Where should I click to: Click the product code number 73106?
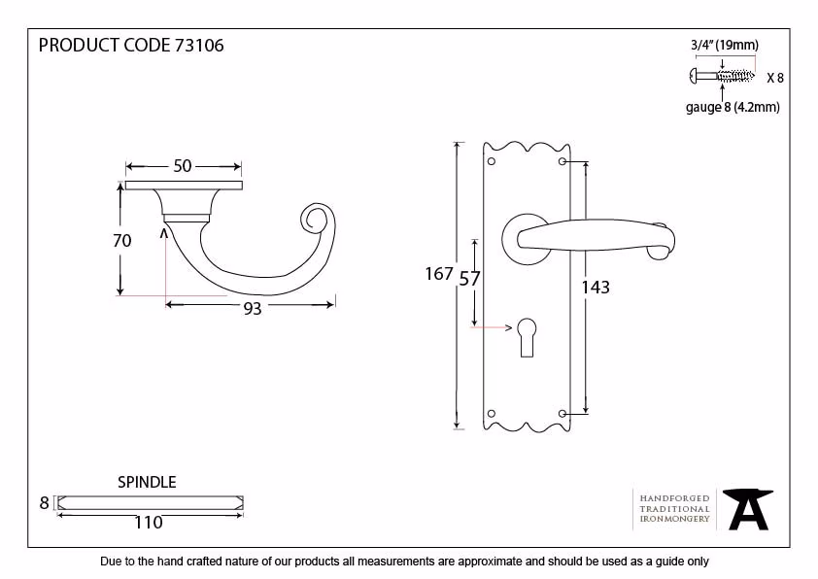199,46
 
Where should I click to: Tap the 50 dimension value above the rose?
183,166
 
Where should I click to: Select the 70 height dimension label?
122,241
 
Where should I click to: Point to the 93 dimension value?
253,308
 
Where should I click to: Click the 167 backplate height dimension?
439,274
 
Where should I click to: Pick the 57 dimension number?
469,279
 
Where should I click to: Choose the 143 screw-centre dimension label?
596,287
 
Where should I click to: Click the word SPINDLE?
147,482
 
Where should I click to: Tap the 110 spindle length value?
149,522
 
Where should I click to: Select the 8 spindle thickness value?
45,503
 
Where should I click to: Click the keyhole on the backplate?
527,337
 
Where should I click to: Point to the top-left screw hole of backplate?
491,161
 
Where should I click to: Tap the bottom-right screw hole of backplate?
562,414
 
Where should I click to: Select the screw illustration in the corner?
722,76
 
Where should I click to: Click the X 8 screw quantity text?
775,78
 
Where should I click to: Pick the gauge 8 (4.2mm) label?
733,107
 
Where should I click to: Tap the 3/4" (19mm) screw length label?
725,45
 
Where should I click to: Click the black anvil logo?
748,509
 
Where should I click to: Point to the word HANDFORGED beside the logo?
674,498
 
